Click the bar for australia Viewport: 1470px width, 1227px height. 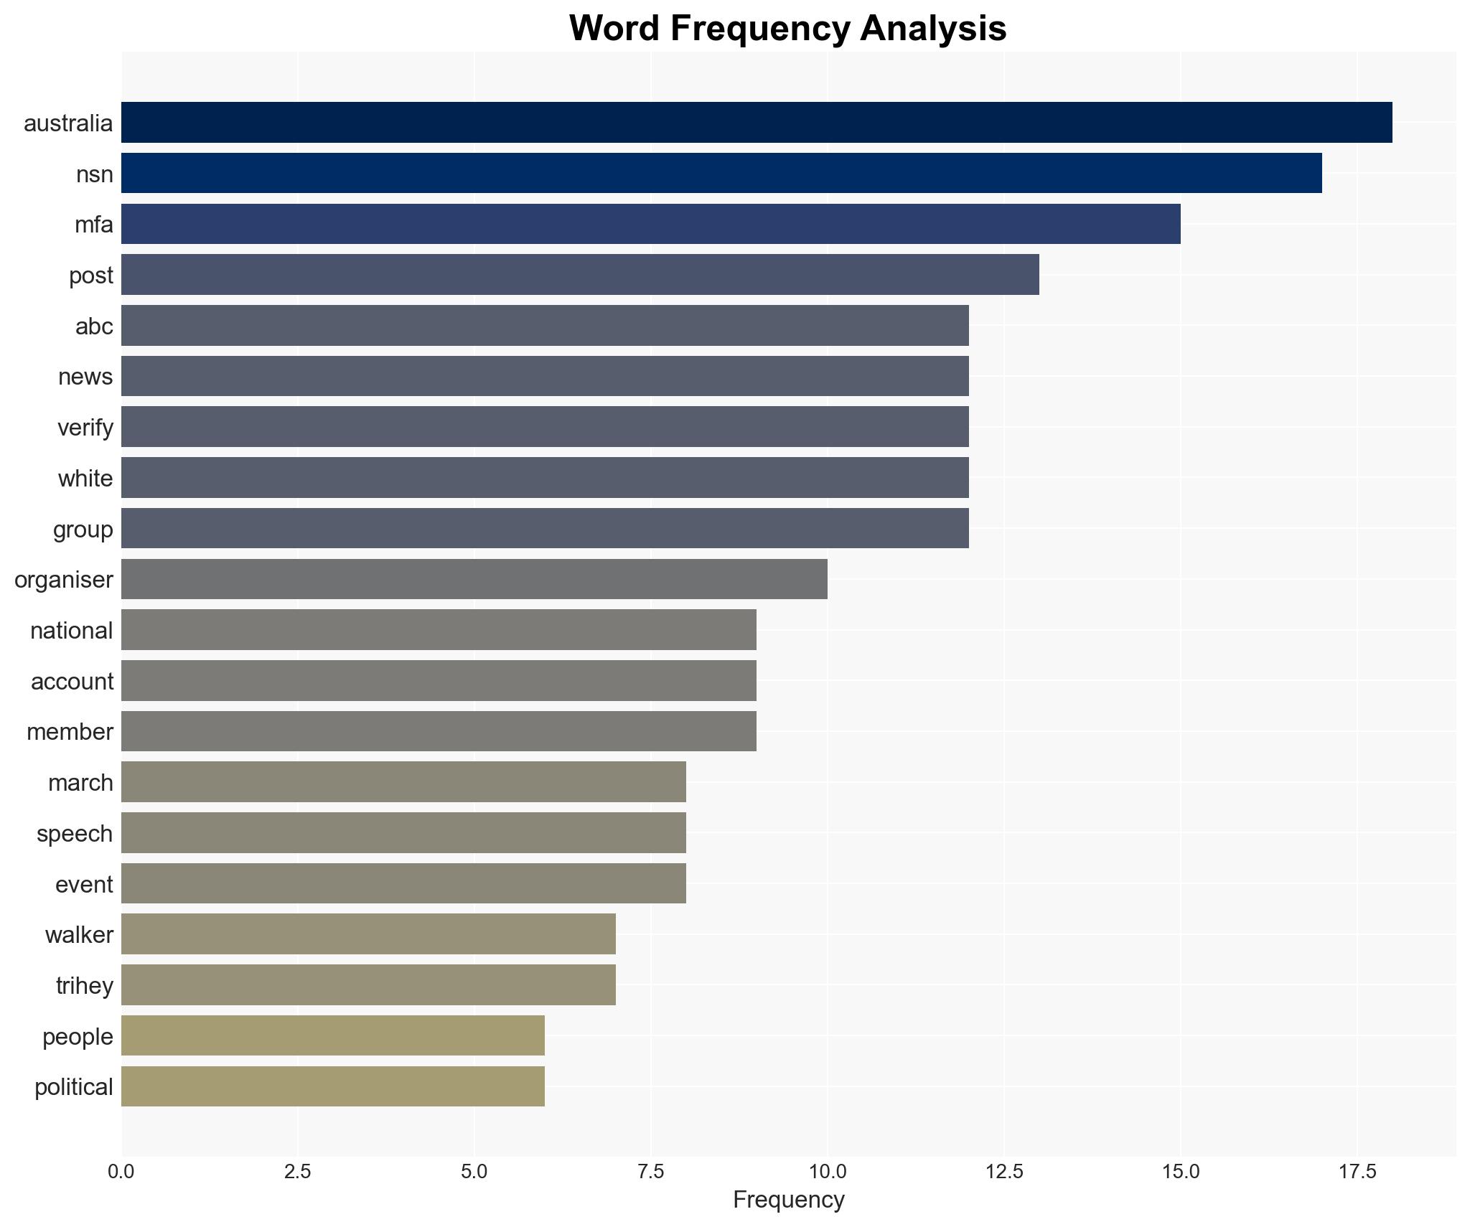(x=757, y=123)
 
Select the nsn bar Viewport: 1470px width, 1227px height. (x=721, y=174)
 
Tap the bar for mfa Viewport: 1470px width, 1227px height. (x=650, y=224)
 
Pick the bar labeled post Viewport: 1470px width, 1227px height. (x=580, y=275)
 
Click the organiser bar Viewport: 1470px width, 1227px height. (x=474, y=579)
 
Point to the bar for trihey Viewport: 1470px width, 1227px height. (x=368, y=985)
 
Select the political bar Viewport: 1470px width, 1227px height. (x=333, y=1086)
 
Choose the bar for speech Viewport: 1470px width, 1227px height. (x=403, y=833)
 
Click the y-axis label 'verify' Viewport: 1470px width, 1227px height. (x=85, y=428)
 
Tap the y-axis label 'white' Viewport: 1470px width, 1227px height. (x=85, y=479)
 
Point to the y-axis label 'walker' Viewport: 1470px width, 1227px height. (x=79, y=935)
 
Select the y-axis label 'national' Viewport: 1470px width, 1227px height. (x=72, y=631)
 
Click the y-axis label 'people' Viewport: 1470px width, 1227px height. (x=78, y=1037)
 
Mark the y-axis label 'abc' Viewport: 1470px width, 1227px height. (x=94, y=326)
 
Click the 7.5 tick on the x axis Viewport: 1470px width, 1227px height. (x=650, y=1172)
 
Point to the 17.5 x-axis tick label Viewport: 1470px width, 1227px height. (x=1357, y=1172)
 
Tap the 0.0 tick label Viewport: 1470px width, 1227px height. (x=121, y=1172)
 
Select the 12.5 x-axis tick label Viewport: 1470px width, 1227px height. (x=1003, y=1172)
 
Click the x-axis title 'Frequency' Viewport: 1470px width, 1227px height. (x=788, y=1200)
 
